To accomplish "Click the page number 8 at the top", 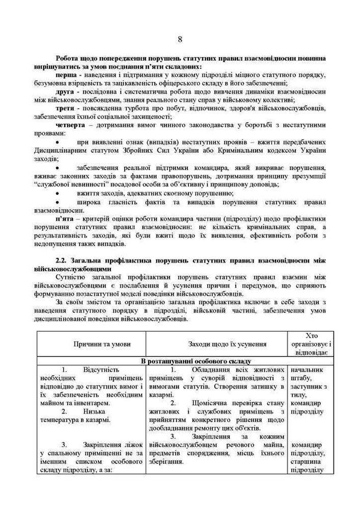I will (180, 39).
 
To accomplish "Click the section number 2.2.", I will (54, 260).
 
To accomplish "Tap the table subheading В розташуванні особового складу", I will (180, 361).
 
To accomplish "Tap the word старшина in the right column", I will (307, 461).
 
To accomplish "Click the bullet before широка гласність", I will (59, 201).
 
